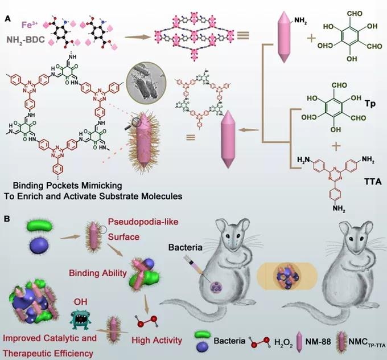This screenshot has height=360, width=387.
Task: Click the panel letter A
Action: (9, 18)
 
